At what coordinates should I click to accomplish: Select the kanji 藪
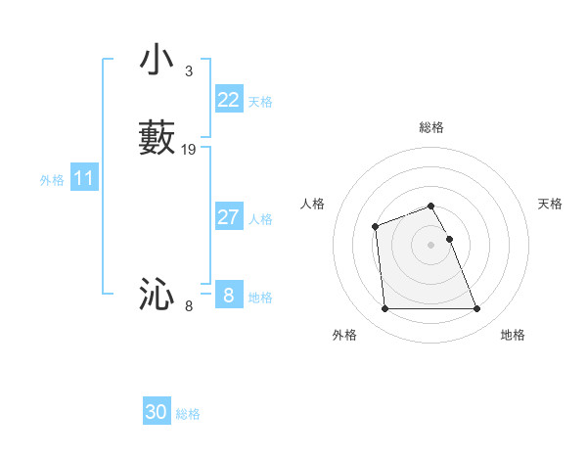(x=158, y=137)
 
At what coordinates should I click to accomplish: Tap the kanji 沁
(x=158, y=294)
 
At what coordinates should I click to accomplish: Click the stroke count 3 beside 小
(x=188, y=71)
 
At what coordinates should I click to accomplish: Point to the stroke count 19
(x=189, y=150)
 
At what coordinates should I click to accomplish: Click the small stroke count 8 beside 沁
(x=189, y=306)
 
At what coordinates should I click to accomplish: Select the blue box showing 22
(x=229, y=100)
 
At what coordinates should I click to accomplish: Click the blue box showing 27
(x=229, y=217)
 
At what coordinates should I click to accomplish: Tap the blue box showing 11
(x=84, y=179)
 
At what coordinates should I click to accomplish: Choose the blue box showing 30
(x=157, y=413)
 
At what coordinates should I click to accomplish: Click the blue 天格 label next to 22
(x=260, y=102)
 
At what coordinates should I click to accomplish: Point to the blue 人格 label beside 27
(x=260, y=219)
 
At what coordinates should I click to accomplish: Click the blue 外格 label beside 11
(x=52, y=180)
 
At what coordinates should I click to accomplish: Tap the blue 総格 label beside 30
(x=188, y=414)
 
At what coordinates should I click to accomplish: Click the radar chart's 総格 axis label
(x=431, y=127)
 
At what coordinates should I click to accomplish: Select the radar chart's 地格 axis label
(x=513, y=335)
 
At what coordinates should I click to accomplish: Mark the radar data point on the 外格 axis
(x=385, y=309)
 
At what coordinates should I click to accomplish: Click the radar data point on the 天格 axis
(x=450, y=239)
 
